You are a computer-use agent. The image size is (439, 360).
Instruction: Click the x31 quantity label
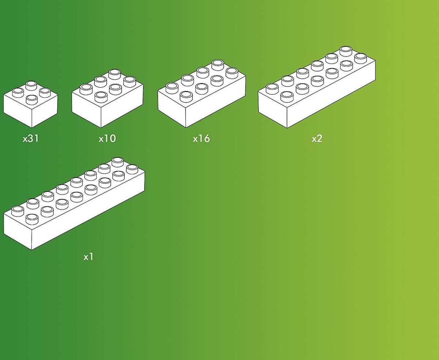coord(31,138)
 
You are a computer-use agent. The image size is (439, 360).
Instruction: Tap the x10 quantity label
coord(107,138)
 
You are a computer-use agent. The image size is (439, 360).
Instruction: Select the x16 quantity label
coord(201,138)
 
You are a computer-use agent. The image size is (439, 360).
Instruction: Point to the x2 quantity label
coord(317,138)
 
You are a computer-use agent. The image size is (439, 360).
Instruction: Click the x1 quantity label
coord(88,257)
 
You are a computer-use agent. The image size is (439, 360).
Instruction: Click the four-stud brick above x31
coord(31,104)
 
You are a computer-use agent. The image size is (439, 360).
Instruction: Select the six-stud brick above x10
coord(108,99)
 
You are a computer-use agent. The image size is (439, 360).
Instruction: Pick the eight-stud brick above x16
coord(202,93)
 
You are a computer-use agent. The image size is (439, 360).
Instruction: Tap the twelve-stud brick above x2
coord(316,87)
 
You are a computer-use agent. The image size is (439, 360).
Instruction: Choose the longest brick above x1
coord(74,204)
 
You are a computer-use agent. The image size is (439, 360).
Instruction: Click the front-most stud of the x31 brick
coord(32,100)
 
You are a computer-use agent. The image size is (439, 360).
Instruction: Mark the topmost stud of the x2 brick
coord(346,51)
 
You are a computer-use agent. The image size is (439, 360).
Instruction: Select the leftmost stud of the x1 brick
coord(18,211)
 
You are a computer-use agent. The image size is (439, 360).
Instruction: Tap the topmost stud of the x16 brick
coord(218,65)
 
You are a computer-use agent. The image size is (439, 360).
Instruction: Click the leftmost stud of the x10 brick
coord(86,89)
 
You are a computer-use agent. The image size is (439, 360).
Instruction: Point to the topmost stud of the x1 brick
coord(117,162)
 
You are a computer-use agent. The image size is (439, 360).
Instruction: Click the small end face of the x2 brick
coord(273,108)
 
